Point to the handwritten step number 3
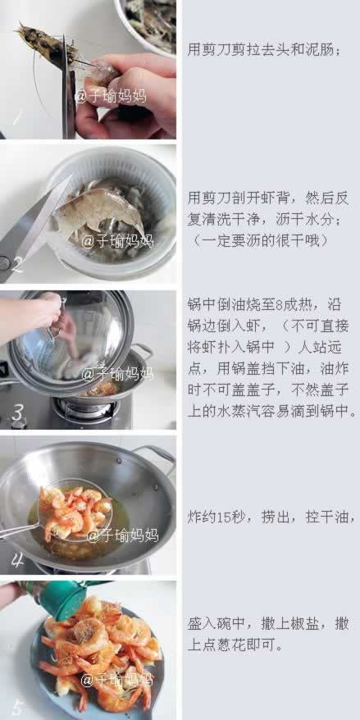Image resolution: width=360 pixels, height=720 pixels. click(x=16, y=412)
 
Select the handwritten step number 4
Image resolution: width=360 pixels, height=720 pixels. click(x=16, y=559)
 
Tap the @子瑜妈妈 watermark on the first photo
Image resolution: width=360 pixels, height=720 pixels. click(x=110, y=95)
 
